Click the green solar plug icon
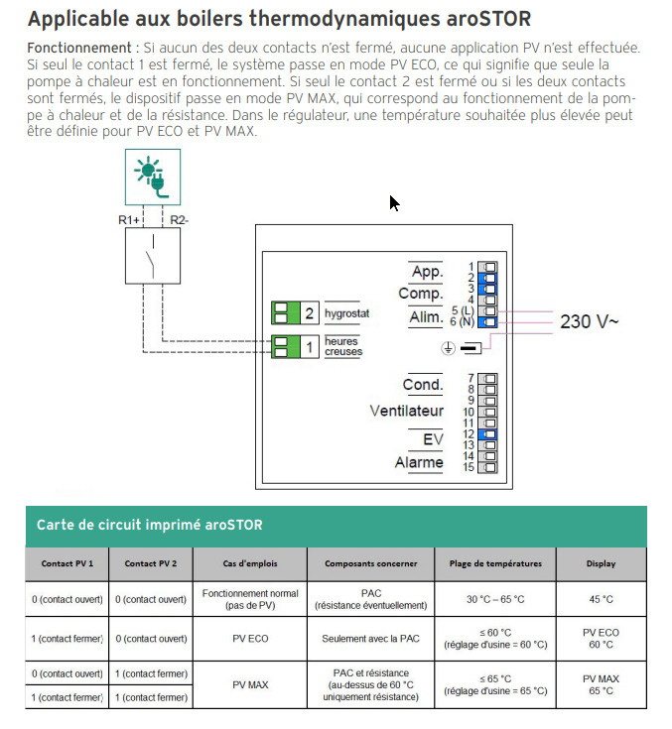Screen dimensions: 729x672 pos(152,178)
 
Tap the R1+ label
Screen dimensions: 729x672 pos(130,219)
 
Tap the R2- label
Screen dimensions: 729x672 pos(179,219)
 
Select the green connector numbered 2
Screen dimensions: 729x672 pos(295,313)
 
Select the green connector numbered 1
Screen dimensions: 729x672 pos(295,346)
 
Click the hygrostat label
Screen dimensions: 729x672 pos(346,313)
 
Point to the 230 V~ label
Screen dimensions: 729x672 pos(590,321)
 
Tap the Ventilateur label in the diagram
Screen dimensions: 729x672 pos(406,411)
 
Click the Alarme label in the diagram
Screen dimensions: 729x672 pos(419,462)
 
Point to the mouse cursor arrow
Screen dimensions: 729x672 pos(393,202)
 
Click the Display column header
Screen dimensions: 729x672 pos(601,563)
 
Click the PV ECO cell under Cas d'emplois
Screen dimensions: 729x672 pos(249,639)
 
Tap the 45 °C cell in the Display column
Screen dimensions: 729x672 pos(601,599)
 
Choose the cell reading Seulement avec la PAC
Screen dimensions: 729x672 pos(370,639)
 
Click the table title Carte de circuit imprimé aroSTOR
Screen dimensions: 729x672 pos(149,525)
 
